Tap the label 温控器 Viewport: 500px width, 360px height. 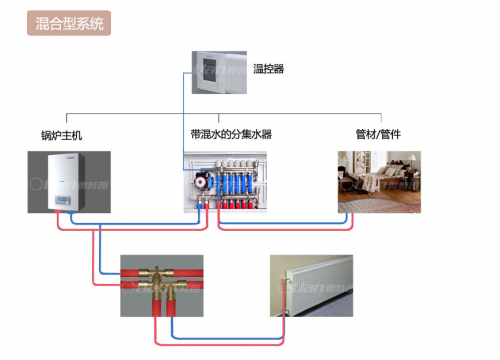(269, 70)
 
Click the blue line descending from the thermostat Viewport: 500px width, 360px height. (184, 120)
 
